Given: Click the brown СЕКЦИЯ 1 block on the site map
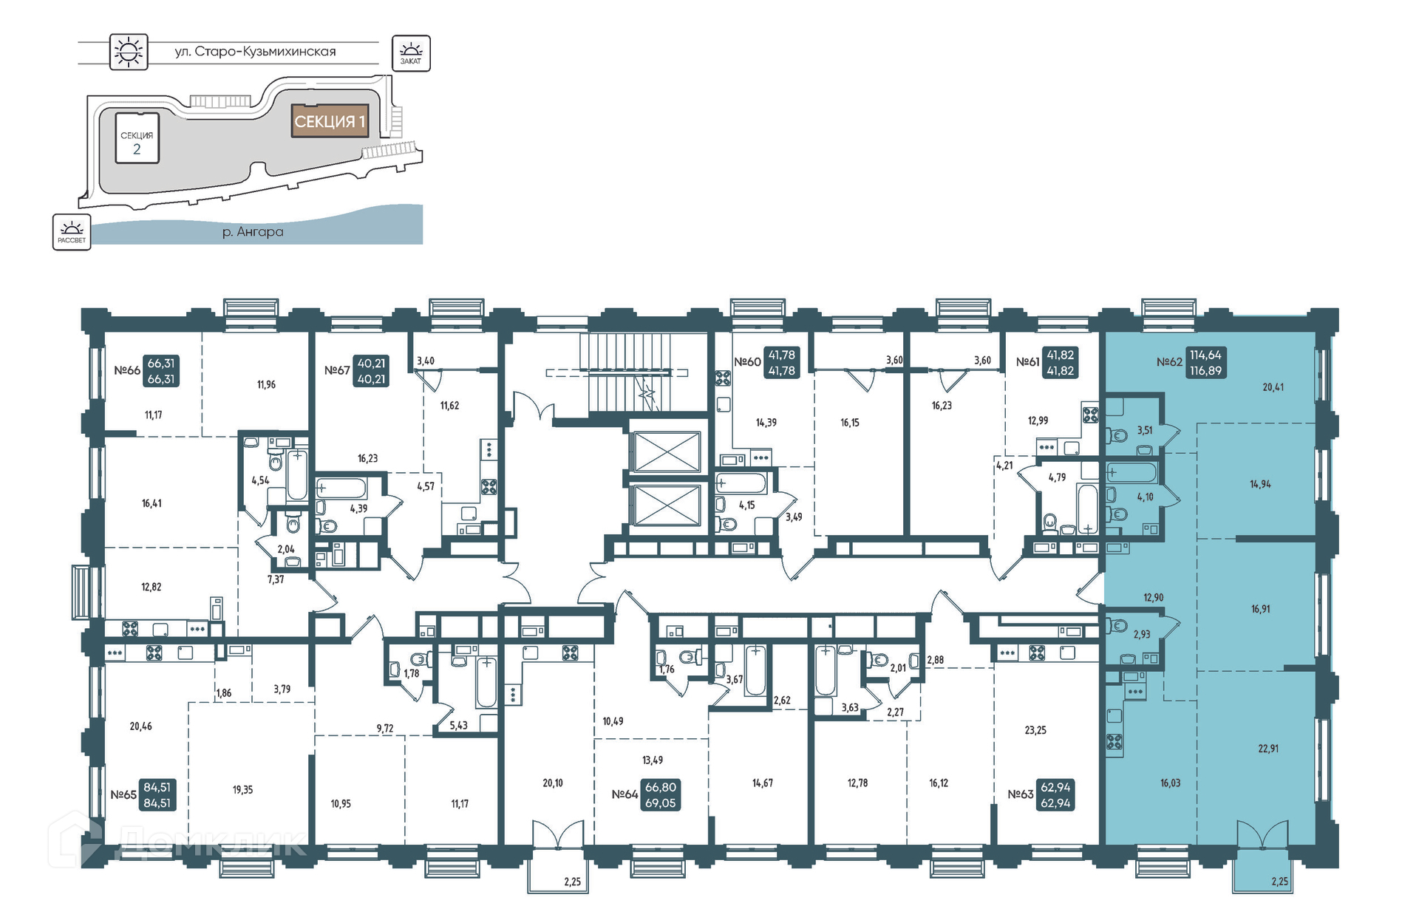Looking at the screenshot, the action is point(330,121).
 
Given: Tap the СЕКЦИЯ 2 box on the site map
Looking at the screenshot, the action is point(137,138).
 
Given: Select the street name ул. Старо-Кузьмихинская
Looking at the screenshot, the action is point(255,52).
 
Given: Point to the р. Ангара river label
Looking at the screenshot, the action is point(253,232).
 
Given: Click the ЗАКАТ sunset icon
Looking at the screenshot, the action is point(411,53).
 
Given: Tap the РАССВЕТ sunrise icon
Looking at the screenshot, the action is point(72,232).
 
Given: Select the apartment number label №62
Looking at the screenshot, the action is point(1169,362).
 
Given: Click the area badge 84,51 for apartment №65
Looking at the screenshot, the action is point(157,795).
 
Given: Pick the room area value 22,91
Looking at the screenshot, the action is point(1268,749).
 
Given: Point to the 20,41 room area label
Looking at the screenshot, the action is point(1273,386).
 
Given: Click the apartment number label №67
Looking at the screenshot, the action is point(337,370).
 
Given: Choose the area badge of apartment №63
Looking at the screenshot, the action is point(1055,795).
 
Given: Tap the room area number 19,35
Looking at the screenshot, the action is point(242,790).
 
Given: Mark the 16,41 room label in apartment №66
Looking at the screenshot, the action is point(152,503).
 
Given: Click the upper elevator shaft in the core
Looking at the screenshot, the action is point(667,452).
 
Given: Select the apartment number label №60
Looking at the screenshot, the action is point(747,362).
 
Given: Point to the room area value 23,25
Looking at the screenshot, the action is point(1035,730).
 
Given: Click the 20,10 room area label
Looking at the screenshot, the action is point(553,783).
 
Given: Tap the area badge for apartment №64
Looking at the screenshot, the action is point(661,795).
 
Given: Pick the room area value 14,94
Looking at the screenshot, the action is point(1260,484).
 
